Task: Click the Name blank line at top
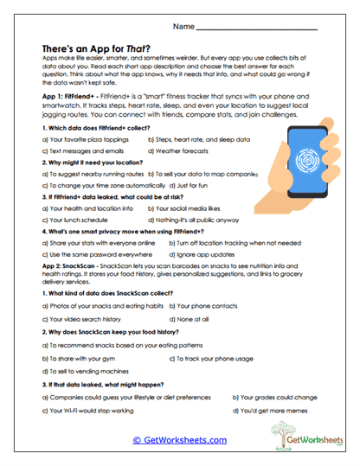(x=268, y=29)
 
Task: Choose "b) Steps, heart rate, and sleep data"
(x=199, y=138)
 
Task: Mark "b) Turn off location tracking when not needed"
(x=213, y=245)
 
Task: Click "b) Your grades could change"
(x=273, y=396)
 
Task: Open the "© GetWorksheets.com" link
(x=179, y=440)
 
